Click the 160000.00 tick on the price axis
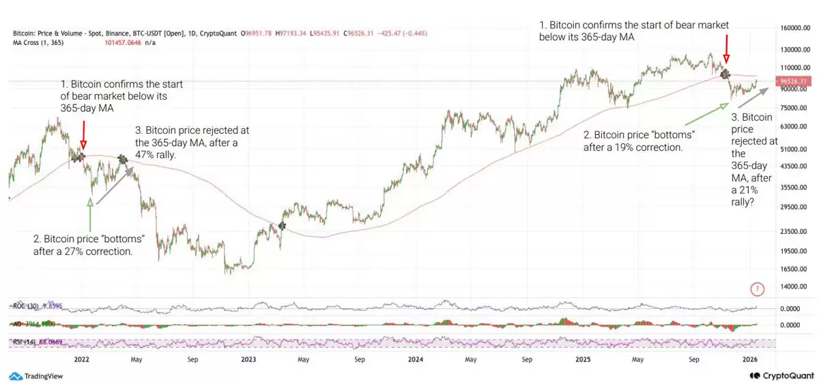coord(794,29)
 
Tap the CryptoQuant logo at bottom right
coord(779,376)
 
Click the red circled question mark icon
coord(756,289)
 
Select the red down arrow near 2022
coord(83,134)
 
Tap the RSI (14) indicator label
coord(24,341)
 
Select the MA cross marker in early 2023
coord(282,225)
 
